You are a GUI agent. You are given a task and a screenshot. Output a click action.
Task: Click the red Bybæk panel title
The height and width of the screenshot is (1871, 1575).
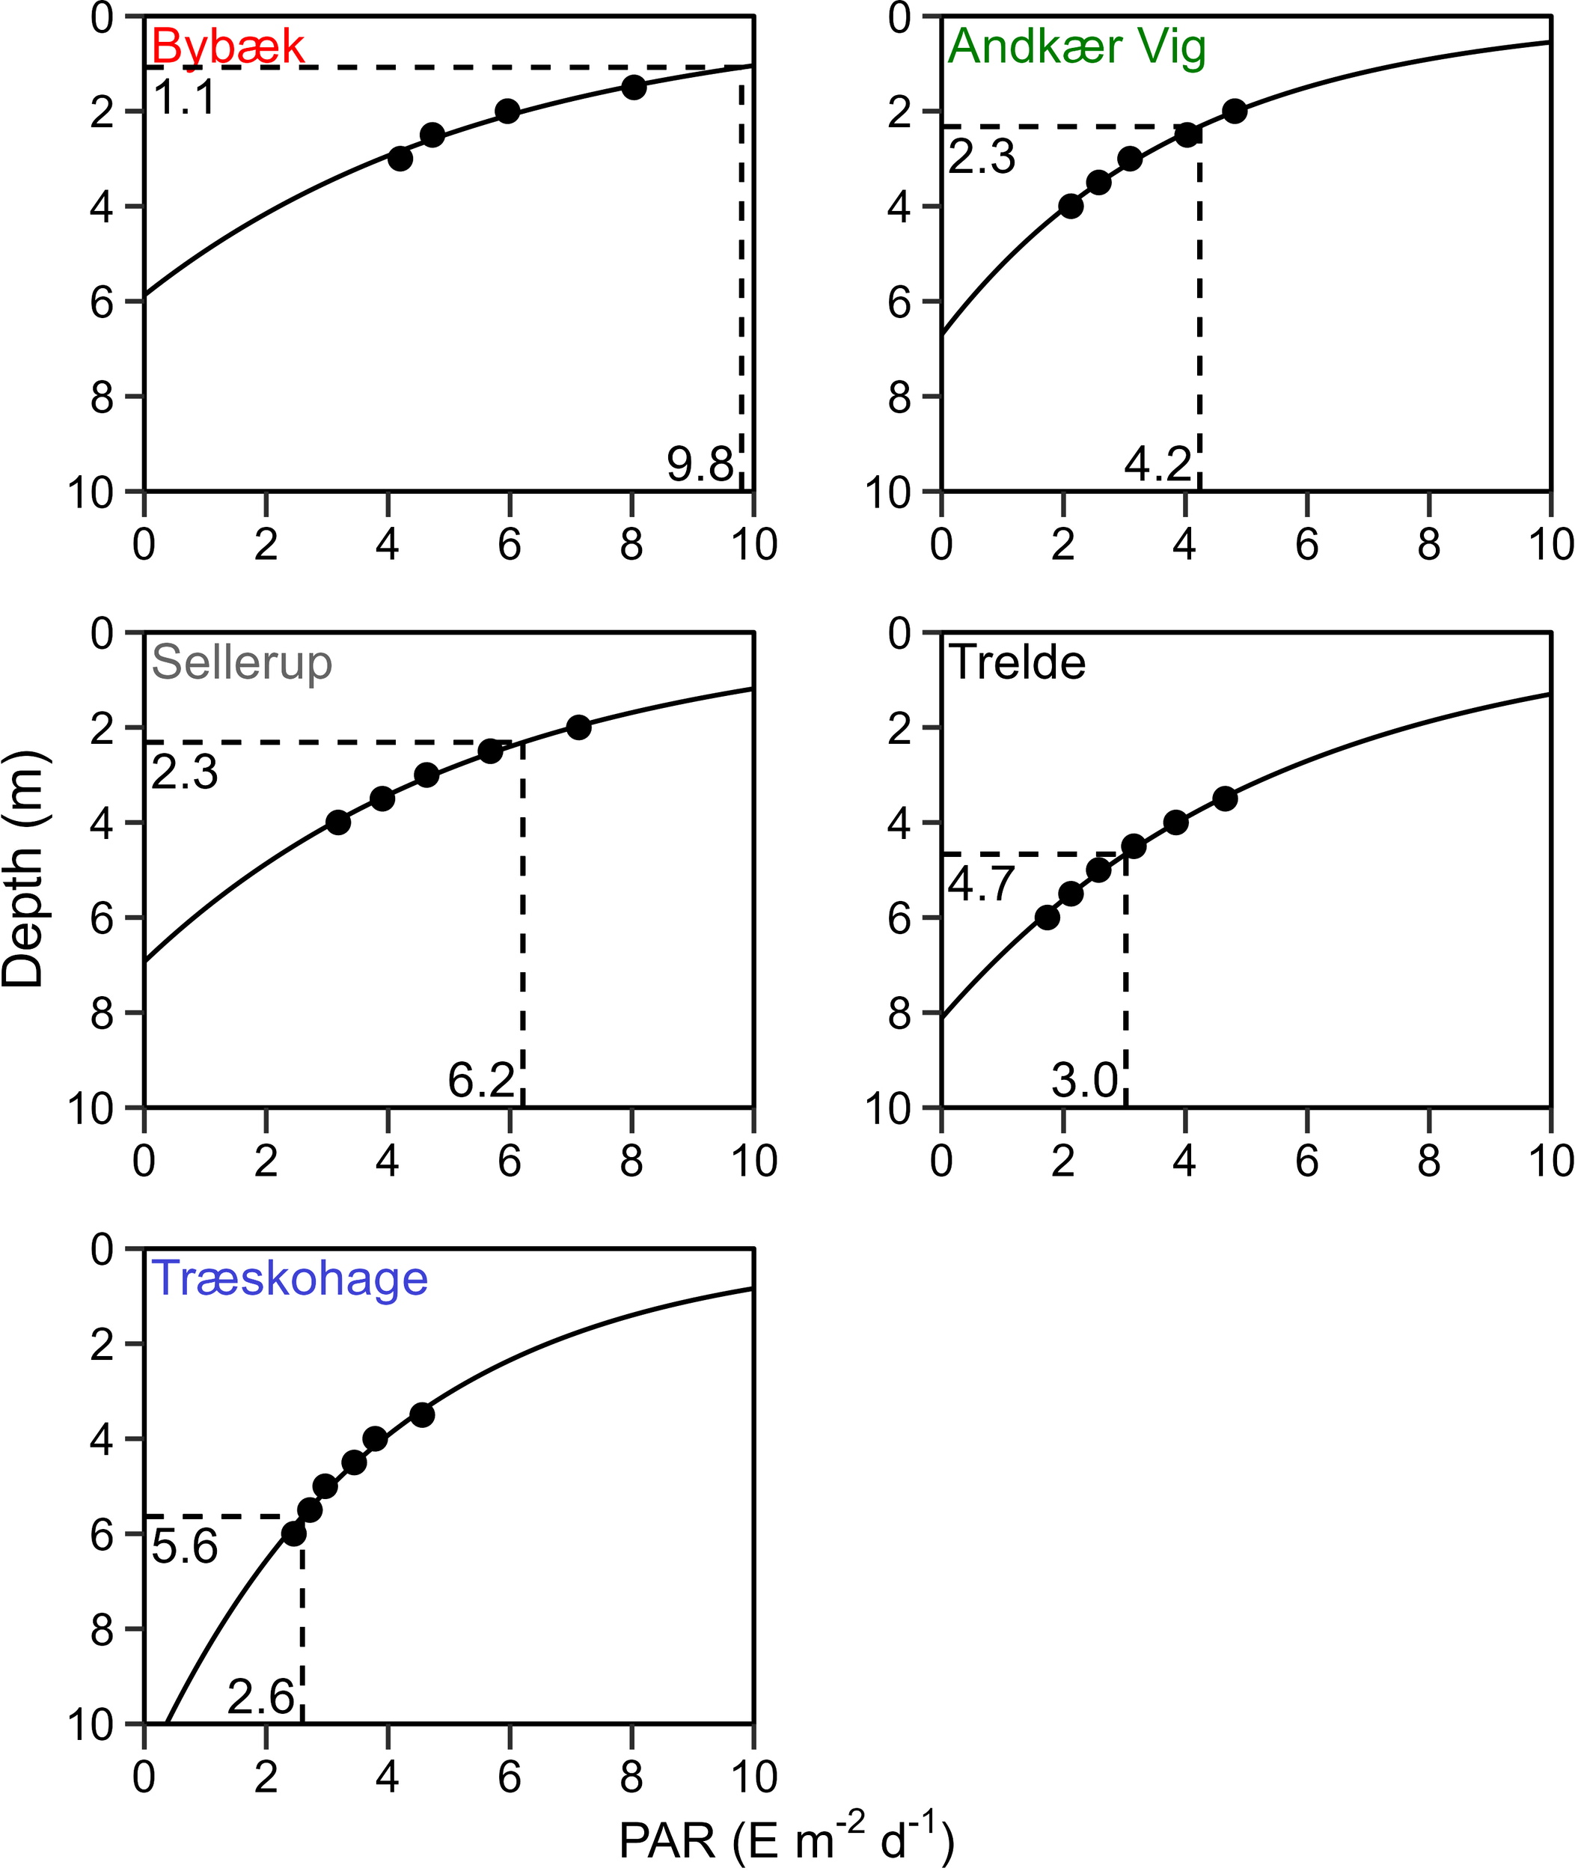pyautogui.click(x=227, y=46)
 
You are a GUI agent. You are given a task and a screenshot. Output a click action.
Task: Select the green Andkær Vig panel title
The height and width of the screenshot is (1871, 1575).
pyautogui.click(x=1077, y=46)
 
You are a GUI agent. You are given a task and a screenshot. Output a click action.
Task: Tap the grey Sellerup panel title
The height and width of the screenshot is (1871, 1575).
pyautogui.click(x=241, y=662)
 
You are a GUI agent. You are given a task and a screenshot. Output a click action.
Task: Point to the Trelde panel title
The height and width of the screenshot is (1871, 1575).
pyautogui.click(x=1017, y=662)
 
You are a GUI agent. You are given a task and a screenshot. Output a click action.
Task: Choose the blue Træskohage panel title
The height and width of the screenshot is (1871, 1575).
pyautogui.click(x=290, y=1279)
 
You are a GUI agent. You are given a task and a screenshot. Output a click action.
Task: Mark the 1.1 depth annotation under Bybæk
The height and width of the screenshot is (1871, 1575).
pyautogui.click(x=185, y=97)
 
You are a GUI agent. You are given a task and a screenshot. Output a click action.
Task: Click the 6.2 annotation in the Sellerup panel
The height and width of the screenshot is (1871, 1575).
pyautogui.click(x=481, y=1081)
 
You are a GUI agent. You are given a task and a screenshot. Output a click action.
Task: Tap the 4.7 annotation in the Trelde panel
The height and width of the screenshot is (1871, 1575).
pyautogui.click(x=981, y=884)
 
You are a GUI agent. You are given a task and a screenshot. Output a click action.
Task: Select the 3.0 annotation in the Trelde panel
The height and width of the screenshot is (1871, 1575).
pyautogui.click(x=1085, y=1081)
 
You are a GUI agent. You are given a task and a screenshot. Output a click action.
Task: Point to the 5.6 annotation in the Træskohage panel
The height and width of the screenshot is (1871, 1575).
pyautogui.click(x=185, y=1547)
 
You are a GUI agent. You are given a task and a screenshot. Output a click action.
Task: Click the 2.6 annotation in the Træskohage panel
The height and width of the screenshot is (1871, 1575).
pyautogui.click(x=260, y=1697)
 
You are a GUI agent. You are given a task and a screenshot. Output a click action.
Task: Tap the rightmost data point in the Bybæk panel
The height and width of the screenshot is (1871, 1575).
pyautogui.click(x=634, y=88)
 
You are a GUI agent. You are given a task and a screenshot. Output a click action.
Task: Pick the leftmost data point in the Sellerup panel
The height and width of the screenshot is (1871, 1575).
pyautogui.click(x=338, y=822)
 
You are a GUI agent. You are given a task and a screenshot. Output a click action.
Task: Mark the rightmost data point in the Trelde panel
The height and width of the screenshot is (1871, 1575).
pyautogui.click(x=1225, y=799)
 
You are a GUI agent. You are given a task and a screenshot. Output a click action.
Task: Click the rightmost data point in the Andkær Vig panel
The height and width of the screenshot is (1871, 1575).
pyautogui.click(x=1235, y=112)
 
